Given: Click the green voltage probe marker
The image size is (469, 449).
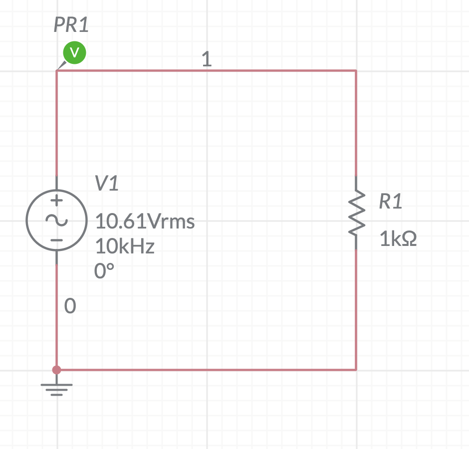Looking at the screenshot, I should coord(74,52).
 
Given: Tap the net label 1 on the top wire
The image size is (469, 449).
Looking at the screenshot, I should coord(207,60).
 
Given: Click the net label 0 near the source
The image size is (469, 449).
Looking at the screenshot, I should coord(70,306).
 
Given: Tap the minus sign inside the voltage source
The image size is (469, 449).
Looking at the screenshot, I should coord(57,240).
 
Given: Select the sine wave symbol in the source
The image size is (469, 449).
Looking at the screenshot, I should coord(56,220).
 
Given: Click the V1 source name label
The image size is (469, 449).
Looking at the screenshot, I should coord(107,184).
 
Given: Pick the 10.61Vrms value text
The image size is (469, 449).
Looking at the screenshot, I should coord(145,221).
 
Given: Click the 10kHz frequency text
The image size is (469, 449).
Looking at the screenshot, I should coord(125,246).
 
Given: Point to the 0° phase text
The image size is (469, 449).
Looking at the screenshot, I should coord(104,271).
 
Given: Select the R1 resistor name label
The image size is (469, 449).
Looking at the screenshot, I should coord(390,202).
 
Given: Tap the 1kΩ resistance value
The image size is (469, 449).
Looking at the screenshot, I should coord(398,240).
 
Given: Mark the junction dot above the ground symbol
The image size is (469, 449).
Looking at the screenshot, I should coord(57,370).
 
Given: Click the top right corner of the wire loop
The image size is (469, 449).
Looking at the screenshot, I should coord(356,71).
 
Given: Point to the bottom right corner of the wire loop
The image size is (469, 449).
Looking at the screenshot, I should coord(356,370).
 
